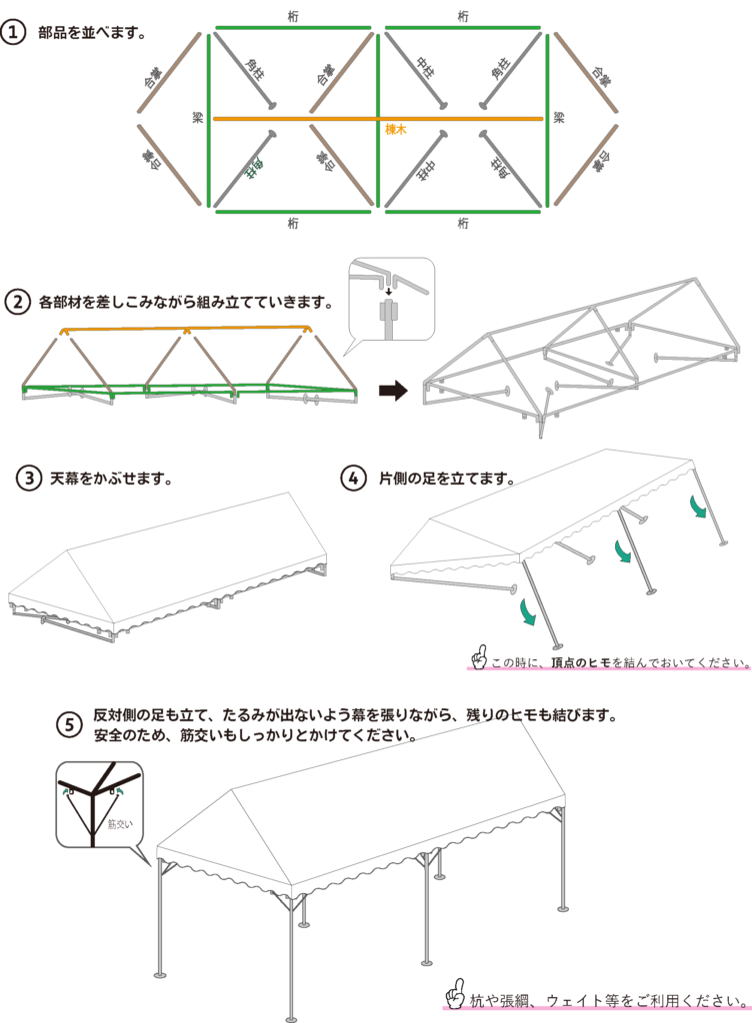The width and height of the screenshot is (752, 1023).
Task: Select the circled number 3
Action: (x=29, y=478)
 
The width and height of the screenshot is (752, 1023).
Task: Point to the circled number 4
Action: (x=353, y=478)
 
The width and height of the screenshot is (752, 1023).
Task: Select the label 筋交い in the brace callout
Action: (x=120, y=825)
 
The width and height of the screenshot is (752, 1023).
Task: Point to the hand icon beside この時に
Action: (x=479, y=655)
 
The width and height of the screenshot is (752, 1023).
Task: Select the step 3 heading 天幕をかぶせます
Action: (x=111, y=478)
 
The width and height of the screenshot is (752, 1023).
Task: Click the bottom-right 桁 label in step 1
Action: (x=462, y=224)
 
